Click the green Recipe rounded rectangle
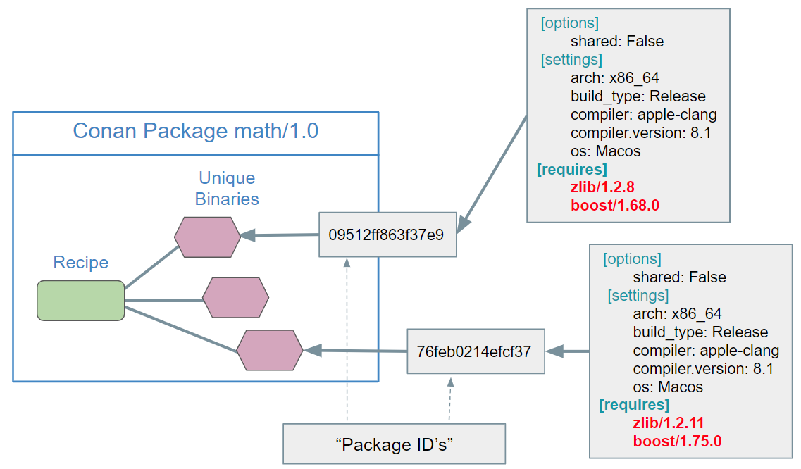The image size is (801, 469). (x=80, y=301)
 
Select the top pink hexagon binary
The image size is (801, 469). (x=207, y=237)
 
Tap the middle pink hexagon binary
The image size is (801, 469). (x=235, y=297)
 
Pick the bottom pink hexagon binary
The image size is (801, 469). (x=269, y=350)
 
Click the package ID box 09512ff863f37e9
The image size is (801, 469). (x=387, y=234)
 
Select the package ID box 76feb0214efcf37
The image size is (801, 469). (x=476, y=351)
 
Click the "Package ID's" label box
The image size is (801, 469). (x=394, y=444)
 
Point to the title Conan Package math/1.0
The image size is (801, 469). (x=195, y=131)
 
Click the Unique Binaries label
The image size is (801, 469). (x=227, y=189)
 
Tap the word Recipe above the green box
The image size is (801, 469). (x=81, y=263)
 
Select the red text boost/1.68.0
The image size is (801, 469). (x=614, y=206)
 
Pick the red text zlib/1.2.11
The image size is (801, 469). (x=669, y=423)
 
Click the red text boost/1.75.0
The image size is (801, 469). (x=677, y=441)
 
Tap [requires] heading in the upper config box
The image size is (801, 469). (x=572, y=170)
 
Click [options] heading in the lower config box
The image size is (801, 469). (x=632, y=258)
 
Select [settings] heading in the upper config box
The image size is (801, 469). (x=571, y=60)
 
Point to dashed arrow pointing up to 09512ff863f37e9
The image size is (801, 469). (x=347, y=338)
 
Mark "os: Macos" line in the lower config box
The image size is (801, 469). (x=667, y=387)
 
